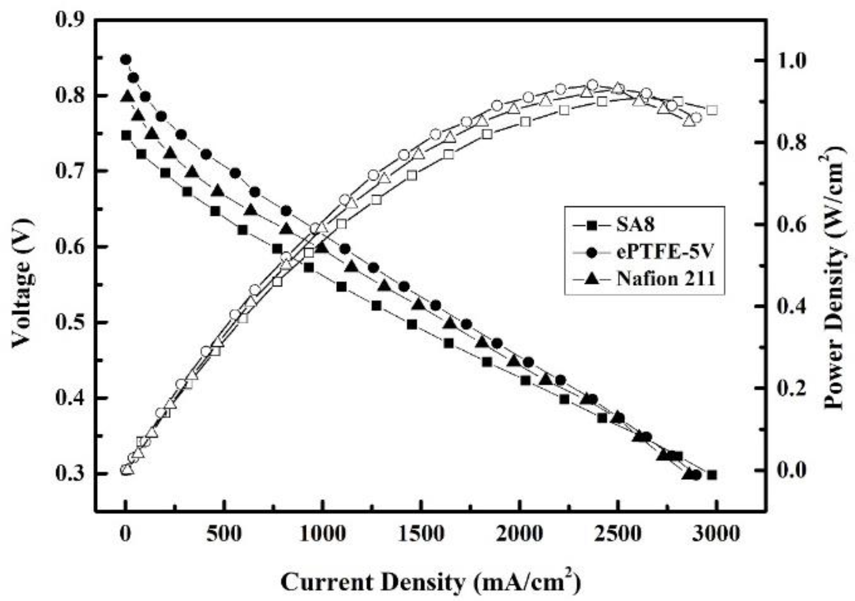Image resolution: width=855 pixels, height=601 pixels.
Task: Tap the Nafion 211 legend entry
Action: coord(665,279)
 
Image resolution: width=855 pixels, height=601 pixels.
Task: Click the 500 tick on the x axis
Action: coord(223,534)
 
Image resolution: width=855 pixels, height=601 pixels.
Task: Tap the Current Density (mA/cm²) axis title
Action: coord(430,582)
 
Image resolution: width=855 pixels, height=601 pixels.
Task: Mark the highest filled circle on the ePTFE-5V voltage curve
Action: coord(126,60)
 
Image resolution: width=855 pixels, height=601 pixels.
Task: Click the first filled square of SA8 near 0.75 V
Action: coord(126,135)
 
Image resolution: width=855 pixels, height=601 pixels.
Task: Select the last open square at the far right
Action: coord(712,110)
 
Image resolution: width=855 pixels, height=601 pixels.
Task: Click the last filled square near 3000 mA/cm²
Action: coord(711,475)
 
